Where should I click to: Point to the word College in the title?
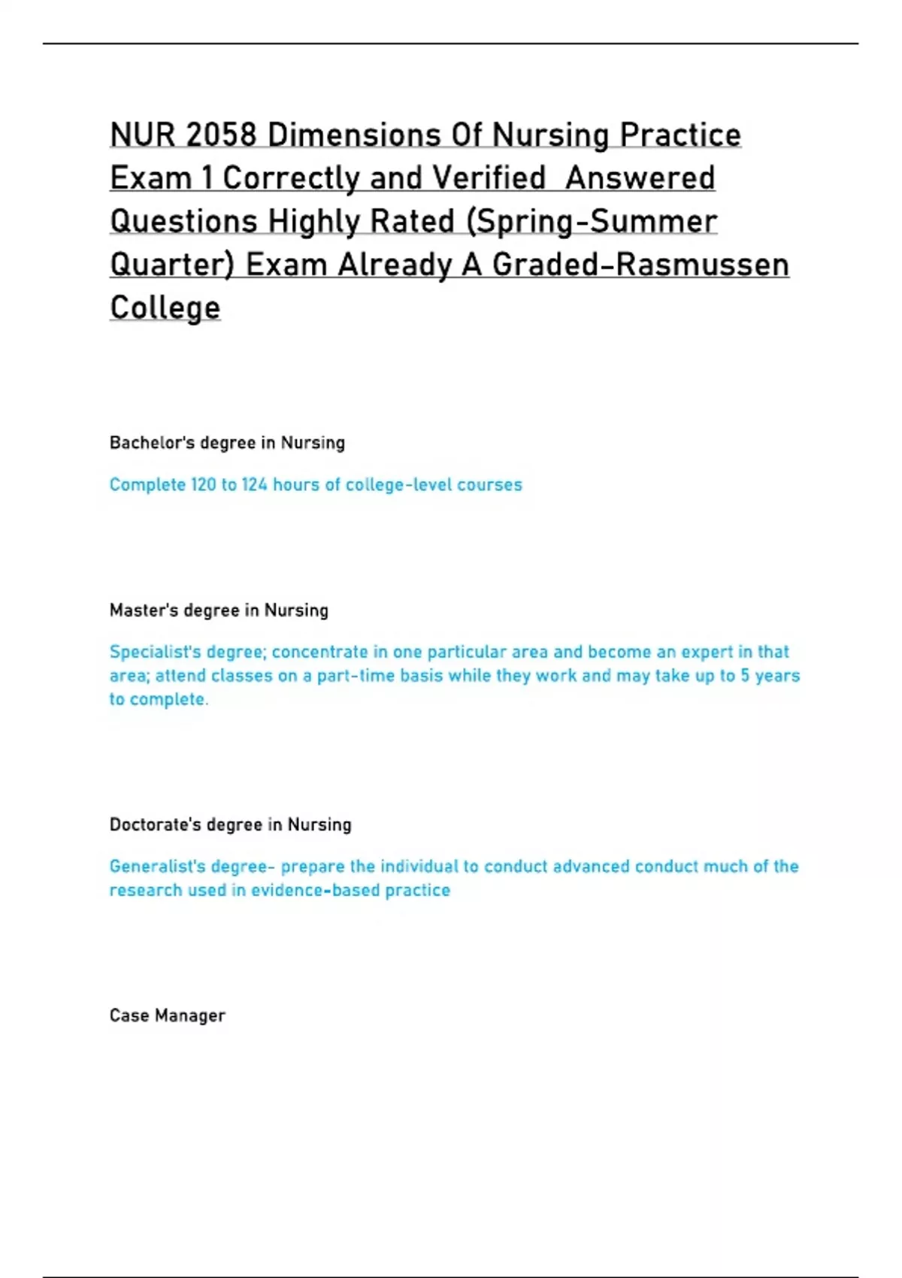pos(165,307)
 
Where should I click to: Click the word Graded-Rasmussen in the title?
pos(640,265)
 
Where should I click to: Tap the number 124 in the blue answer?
pos(254,485)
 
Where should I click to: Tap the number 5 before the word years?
pos(745,676)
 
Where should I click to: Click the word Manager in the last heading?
pos(189,1016)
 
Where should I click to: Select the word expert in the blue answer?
pos(707,652)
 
